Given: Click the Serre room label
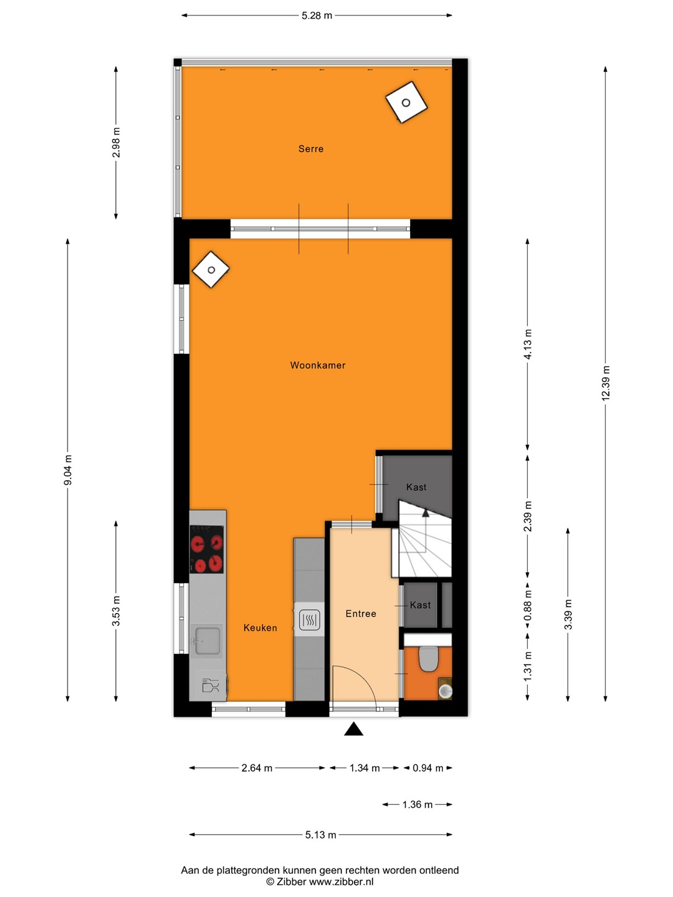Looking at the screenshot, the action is point(310,149).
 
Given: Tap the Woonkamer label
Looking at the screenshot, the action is point(318,365).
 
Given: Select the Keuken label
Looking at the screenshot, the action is point(260,628).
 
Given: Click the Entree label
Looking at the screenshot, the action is point(360,614).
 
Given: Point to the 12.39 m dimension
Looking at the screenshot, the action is point(606,383).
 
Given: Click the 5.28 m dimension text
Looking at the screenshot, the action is point(317,16).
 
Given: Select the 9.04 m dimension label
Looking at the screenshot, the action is point(68,470).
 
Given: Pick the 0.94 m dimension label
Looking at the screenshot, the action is point(428,768).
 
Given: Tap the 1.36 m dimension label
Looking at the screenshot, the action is point(418,805).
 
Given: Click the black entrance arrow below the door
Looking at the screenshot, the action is point(353,729).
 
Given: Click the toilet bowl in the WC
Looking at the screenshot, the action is point(428,658).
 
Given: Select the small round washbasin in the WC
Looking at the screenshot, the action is point(446,691).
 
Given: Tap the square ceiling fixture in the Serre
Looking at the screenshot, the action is point(406,102).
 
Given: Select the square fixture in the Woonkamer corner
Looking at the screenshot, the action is point(211,270).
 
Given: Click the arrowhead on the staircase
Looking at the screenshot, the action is point(426,513).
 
